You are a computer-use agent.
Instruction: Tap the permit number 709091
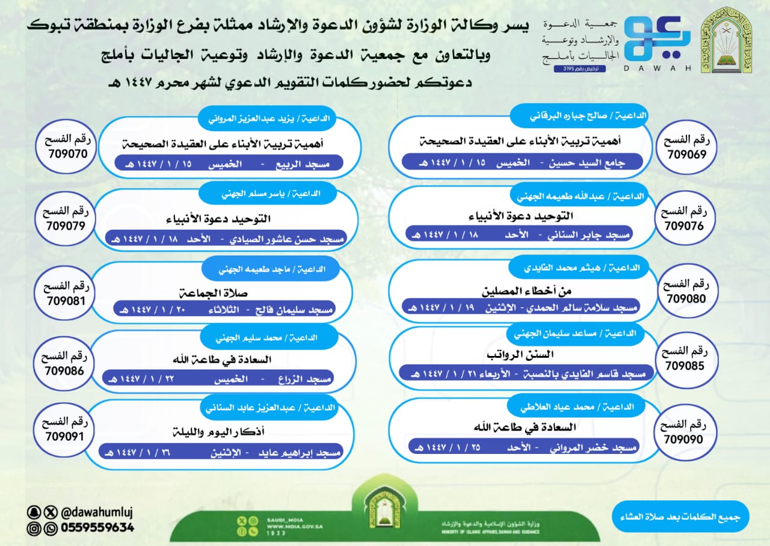pos(65,437)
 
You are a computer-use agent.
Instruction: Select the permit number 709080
pos(684,298)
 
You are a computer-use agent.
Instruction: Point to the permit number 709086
pos(65,370)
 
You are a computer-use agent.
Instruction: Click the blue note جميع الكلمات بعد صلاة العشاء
pos(680,518)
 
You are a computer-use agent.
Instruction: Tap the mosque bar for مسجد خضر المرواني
pos(523,447)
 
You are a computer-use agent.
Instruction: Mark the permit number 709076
pos(684,226)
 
